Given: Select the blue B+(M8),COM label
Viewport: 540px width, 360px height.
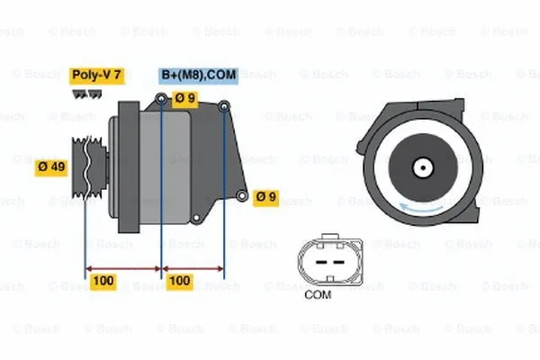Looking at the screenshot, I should [199, 76].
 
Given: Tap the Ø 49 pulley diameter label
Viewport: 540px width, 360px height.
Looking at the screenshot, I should [52, 166].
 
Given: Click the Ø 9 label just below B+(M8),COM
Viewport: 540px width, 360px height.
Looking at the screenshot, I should [185, 99].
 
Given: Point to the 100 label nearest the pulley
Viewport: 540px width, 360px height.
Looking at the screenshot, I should [104, 281].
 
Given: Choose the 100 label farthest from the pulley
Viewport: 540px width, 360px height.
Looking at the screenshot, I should [180, 281].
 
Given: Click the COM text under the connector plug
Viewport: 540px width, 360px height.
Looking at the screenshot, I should [318, 293].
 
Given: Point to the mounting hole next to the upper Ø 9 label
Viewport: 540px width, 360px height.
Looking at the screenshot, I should [162, 99].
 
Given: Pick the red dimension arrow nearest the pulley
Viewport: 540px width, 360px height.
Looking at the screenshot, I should [122, 267].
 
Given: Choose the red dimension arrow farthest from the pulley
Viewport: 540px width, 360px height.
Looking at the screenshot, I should [193, 267].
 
